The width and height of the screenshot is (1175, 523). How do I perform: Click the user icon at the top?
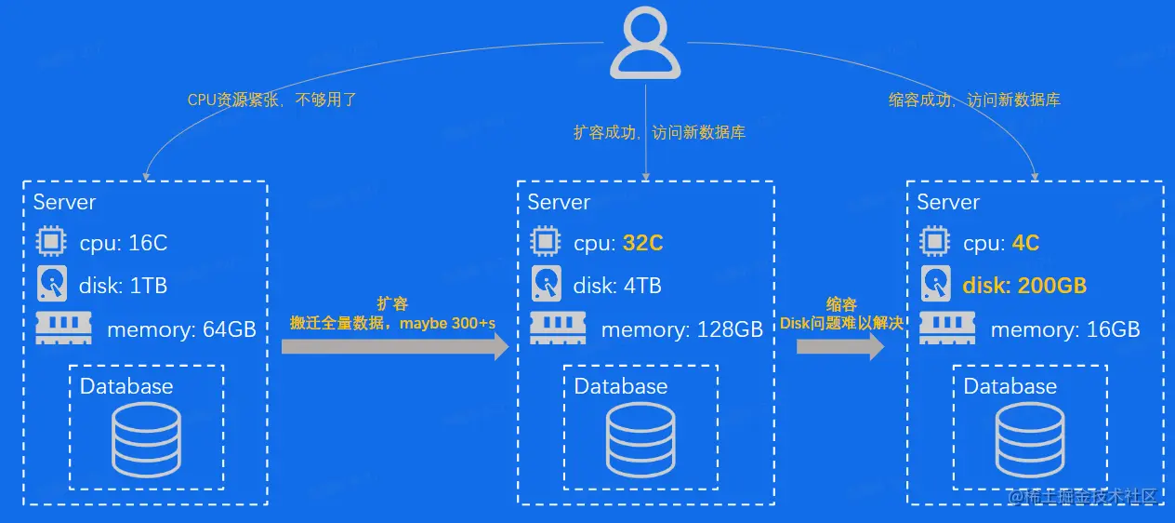pyautogui.click(x=645, y=45)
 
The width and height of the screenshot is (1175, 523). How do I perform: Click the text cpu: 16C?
pyautogui.click(x=123, y=244)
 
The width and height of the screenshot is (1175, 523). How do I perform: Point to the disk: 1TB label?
pyautogui.click(x=123, y=286)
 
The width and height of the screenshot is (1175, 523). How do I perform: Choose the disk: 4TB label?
pyautogui.click(x=617, y=286)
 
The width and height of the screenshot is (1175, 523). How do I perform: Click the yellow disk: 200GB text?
pyautogui.click(x=1024, y=286)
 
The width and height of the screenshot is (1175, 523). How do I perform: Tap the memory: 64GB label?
pyautogui.click(x=181, y=329)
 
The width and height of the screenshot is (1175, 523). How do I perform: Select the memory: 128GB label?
pyautogui.click(x=681, y=329)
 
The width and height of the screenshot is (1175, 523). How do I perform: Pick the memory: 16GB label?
pyautogui.click(x=1064, y=329)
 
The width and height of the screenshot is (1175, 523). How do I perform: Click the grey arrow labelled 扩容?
pyautogui.click(x=395, y=347)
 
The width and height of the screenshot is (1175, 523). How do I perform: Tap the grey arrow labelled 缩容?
pyautogui.click(x=840, y=347)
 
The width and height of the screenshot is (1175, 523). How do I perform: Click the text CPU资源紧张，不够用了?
pyautogui.click(x=272, y=100)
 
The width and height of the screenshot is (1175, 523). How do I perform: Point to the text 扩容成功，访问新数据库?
pyautogui.click(x=659, y=133)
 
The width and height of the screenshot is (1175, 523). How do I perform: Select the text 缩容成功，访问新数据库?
pyautogui.click(x=974, y=100)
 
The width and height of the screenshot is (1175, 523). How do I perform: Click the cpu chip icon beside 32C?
pyautogui.click(x=545, y=243)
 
